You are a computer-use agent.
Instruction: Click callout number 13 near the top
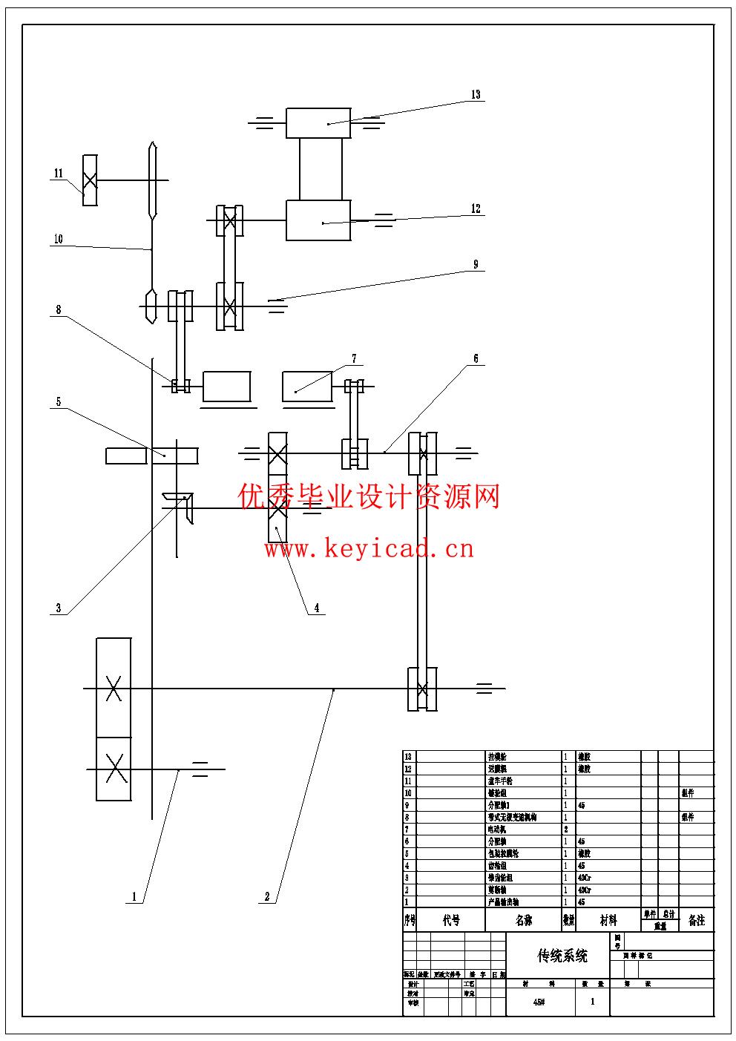point(476,95)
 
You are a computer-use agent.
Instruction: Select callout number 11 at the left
point(58,174)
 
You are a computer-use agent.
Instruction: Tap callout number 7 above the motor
point(354,359)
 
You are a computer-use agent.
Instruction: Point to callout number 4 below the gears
point(317,608)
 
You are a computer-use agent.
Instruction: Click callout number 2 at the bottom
point(267,896)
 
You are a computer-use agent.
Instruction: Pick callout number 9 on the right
point(476,265)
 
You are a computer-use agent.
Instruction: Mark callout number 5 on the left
point(58,402)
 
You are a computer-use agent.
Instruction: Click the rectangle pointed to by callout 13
point(318,122)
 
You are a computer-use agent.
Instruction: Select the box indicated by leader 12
point(318,220)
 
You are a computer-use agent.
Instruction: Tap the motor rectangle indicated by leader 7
point(307,387)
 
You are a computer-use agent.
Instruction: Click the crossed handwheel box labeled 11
point(90,180)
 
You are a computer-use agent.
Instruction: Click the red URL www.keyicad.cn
point(369,549)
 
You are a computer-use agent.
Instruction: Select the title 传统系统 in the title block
point(562,956)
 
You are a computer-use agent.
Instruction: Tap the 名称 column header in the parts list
point(524,920)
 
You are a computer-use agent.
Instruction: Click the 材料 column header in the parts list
point(608,920)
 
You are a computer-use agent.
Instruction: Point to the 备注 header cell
point(696,920)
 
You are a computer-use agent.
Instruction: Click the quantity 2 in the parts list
point(566,830)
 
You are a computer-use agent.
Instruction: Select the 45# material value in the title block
point(539,1002)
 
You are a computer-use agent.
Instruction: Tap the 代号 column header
point(451,920)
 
